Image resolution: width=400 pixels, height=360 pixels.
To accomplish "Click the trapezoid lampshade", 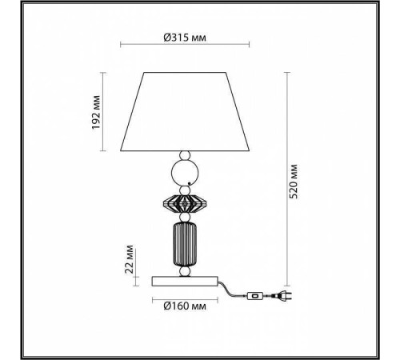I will [185, 112].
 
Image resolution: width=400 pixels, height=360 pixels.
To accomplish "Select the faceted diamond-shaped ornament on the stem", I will [185, 201].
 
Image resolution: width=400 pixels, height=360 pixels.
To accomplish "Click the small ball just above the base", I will [185, 271].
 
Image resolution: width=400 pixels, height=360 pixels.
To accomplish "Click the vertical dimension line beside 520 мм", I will [285, 183].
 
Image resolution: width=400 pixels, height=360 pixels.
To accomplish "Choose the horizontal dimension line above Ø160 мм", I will [185, 296].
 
